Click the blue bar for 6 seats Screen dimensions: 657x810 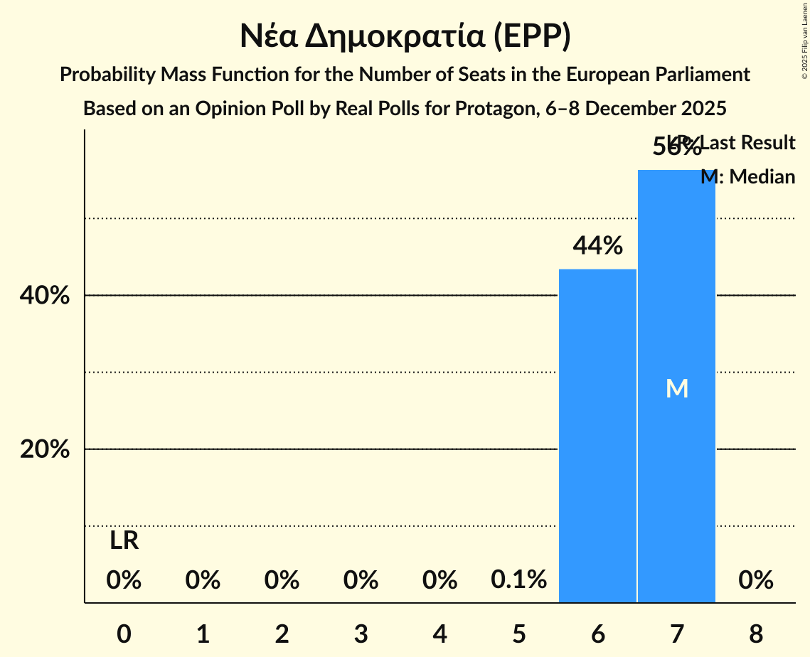coord(597,435)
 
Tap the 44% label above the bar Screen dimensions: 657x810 coord(598,246)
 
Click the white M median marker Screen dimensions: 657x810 coord(676,389)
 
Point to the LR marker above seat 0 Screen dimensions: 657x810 coord(124,541)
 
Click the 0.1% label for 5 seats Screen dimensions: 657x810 coord(518,580)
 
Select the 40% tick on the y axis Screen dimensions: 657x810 coord(44,296)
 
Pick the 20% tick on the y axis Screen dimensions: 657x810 coord(44,449)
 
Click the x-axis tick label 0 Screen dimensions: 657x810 coord(124,634)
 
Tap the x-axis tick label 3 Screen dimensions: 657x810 coord(361,634)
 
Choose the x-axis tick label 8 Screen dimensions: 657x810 coord(755,634)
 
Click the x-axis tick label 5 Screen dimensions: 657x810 coord(518,634)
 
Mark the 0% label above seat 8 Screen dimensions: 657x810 coord(755,580)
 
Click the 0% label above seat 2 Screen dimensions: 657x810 coord(282,580)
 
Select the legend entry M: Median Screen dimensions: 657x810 coord(747,176)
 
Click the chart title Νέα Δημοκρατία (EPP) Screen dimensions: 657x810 coord(405,37)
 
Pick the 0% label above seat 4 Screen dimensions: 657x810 coord(439,580)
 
